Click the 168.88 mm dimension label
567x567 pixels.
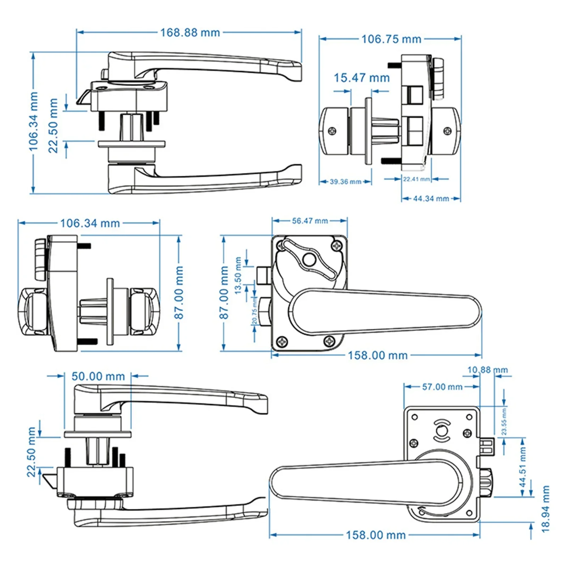(190, 33)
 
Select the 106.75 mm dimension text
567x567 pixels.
(391, 39)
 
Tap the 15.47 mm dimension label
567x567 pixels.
(361, 78)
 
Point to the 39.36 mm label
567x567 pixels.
(346, 182)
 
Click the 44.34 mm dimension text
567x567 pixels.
(431, 199)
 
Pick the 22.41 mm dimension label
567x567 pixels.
(416, 179)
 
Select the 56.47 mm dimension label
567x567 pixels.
(310, 221)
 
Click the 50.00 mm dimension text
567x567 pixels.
(98, 376)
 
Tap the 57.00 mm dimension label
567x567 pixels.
(442, 387)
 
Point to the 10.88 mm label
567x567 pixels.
(487, 370)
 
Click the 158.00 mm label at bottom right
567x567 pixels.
(376, 535)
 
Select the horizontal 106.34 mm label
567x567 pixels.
(90, 223)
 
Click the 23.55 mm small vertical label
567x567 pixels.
(504, 422)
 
